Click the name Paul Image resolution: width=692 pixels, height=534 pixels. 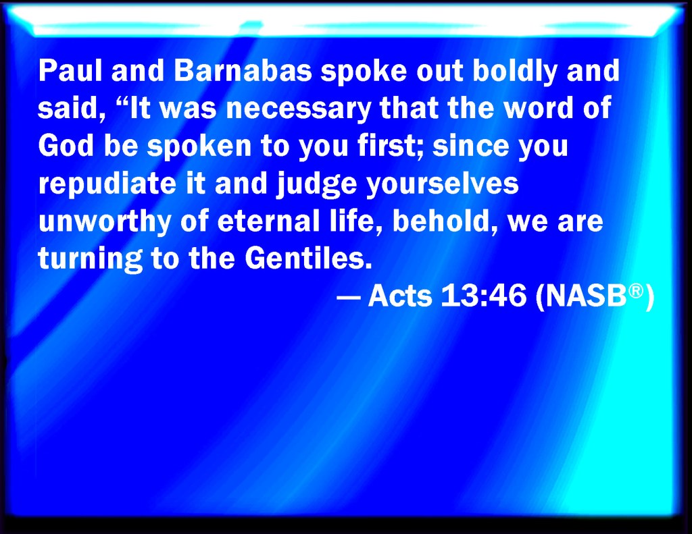[70, 71]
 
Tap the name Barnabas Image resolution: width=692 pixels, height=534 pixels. [243, 71]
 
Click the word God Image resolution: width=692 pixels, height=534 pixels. [66, 145]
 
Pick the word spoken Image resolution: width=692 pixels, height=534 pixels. [199, 147]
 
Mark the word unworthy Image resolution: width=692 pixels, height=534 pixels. [105, 222]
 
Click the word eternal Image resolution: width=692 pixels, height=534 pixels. [268, 220]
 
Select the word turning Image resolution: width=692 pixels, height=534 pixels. [91, 259]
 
